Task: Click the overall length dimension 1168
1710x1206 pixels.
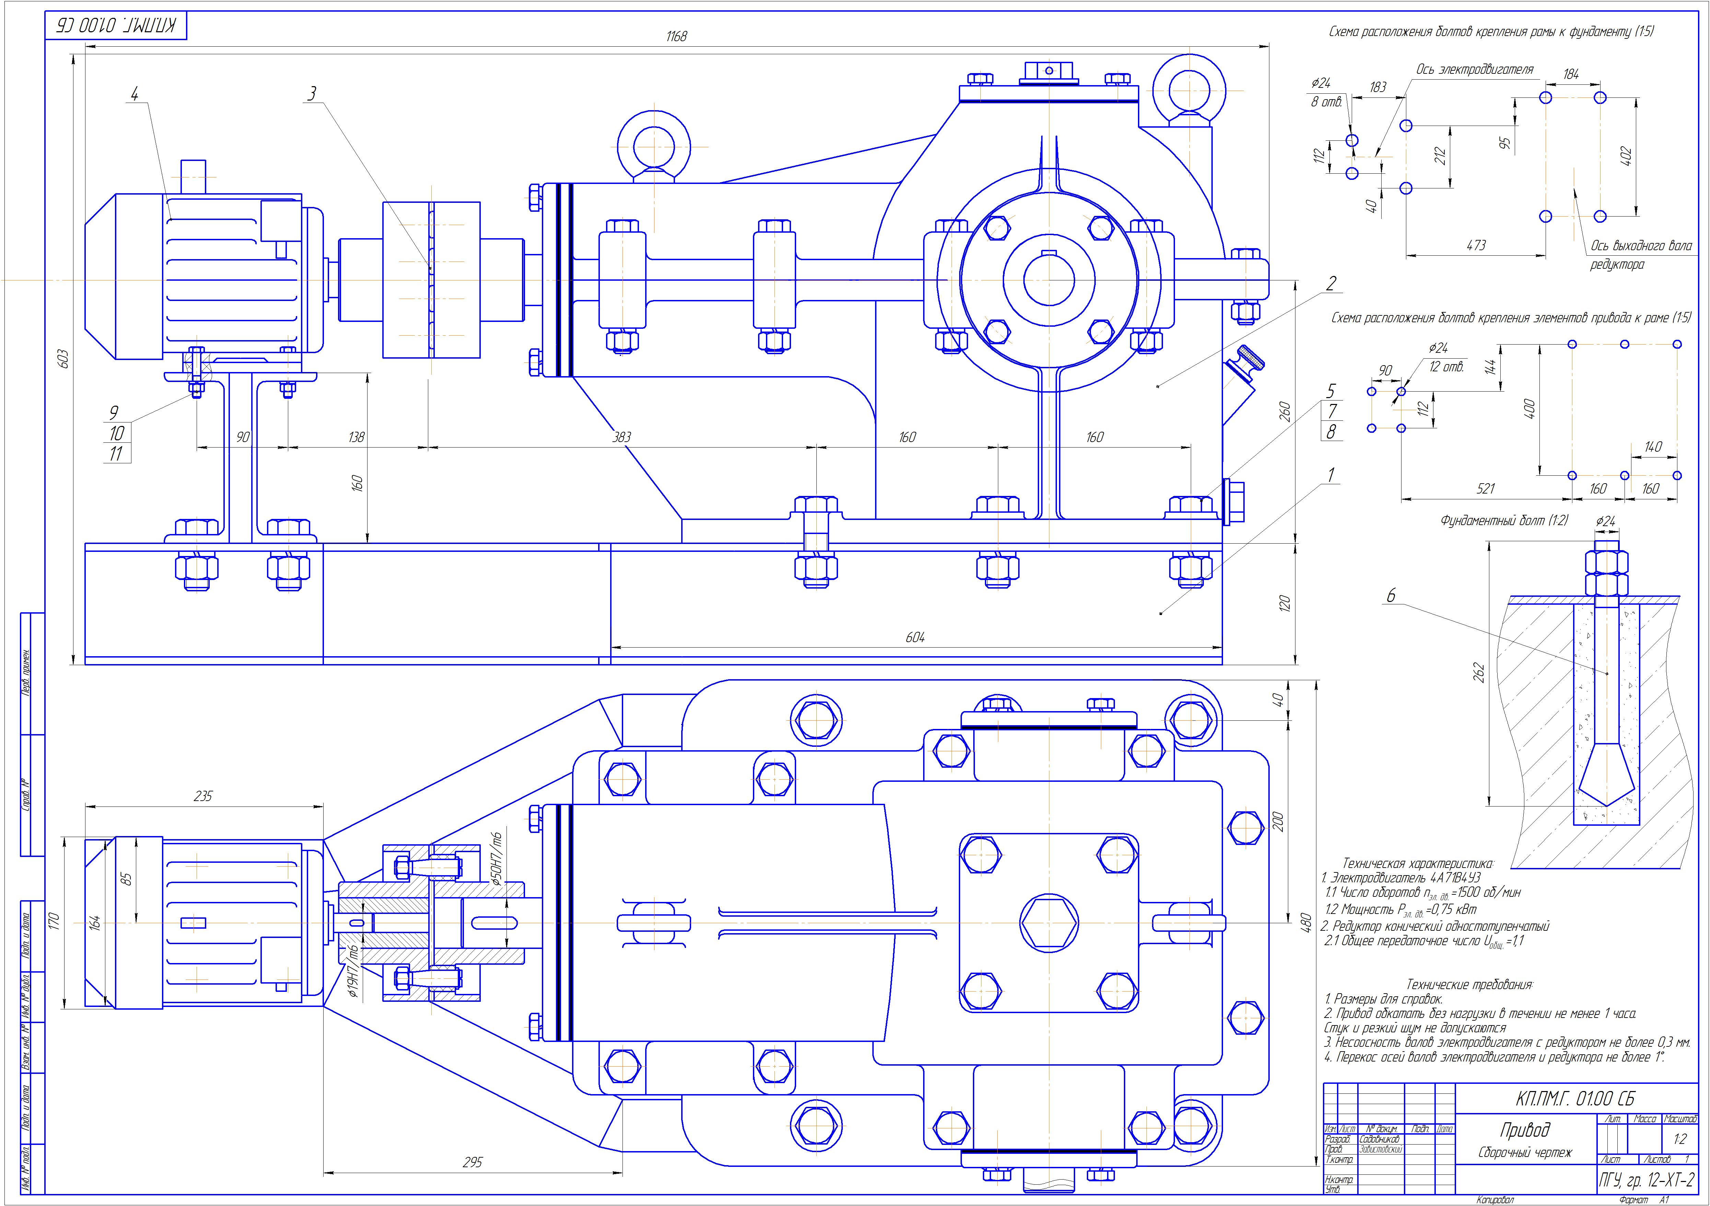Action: pos(676,36)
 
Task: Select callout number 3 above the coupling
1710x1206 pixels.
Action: pos(312,94)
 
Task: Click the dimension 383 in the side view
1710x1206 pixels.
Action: pos(621,437)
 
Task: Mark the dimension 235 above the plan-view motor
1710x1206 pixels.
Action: pos(202,796)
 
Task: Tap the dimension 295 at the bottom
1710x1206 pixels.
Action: pos(472,1162)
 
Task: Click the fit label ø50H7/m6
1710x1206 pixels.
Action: pos(498,858)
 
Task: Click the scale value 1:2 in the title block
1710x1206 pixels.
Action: pos(1679,1140)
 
